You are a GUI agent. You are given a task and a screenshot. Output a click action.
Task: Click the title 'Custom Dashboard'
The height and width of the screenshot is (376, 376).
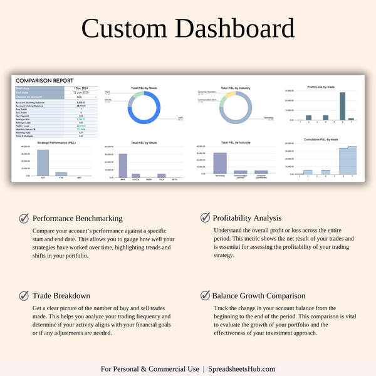pyautogui.click(x=188, y=29)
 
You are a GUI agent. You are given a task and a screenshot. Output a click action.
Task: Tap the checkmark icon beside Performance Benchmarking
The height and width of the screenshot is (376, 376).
pyautogui.click(x=24, y=219)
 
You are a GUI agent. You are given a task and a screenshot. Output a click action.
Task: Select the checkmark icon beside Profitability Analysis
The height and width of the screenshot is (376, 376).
pyautogui.click(x=205, y=217)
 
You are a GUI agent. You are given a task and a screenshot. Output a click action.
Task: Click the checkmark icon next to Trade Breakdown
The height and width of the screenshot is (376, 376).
pyautogui.click(x=24, y=295)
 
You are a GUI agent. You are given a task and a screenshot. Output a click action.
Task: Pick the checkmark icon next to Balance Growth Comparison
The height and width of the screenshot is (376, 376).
pyautogui.click(x=205, y=295)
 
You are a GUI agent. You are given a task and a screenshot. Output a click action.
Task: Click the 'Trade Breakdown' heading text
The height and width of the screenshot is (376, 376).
pyautogui.click(x=61, y=296)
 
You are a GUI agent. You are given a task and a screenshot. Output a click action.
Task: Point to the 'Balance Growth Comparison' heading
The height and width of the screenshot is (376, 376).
pyautogui.click(x=259, y=296)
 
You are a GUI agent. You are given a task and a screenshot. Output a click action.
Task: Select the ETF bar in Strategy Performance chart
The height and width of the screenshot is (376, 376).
pyautogui.click(x=43, y=162)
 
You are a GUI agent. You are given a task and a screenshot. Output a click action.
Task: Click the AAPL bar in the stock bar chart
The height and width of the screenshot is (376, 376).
pyautogui.click(x=123, y=165)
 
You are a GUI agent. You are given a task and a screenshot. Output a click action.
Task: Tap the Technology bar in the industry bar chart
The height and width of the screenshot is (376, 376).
pyautogui.click(x=220, y=163)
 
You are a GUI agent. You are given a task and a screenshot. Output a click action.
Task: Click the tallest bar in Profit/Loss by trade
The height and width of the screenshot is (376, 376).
pyautogui.click(x=342, y=106)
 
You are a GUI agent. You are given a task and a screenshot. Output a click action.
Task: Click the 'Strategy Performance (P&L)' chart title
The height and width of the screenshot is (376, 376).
pyautogui.click(x=61, y=144)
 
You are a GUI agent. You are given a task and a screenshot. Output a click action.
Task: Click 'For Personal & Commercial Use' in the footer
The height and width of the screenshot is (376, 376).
pyautogui.click(x=150, y=369)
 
